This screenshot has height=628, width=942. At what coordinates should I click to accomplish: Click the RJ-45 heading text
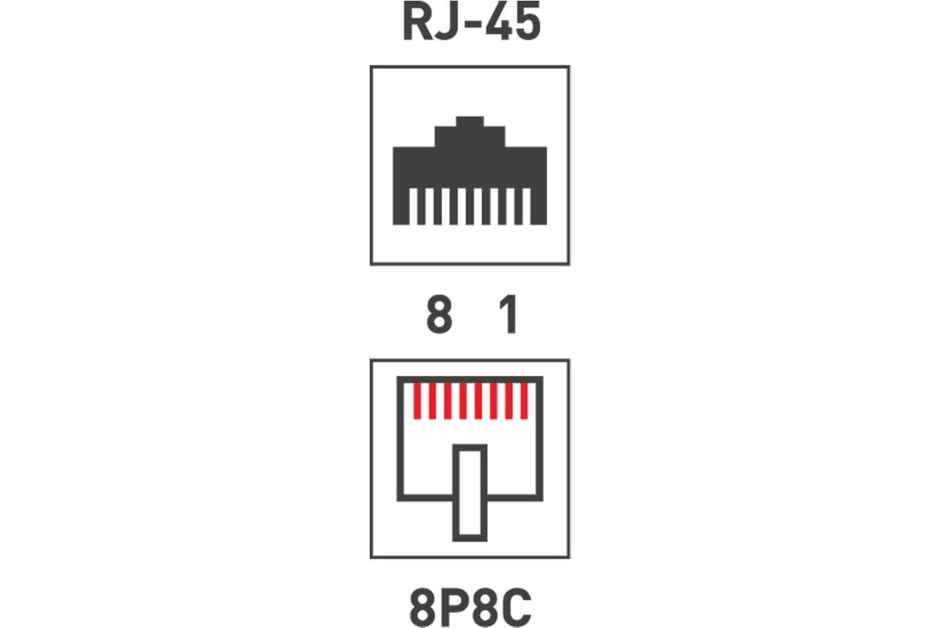tap(472, 21)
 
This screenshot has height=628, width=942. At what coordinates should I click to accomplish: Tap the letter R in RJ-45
tap(418, 21)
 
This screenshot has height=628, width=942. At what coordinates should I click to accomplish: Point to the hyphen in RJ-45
tap(473, 25)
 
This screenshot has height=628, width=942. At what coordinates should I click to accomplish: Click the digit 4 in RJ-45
tap(498, 21)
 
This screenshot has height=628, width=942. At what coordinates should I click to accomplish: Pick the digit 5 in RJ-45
tap(528, 22)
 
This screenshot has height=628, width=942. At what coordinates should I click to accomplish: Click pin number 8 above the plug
tap(439, 314)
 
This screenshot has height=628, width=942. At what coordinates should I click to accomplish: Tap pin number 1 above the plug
tap(509, 314)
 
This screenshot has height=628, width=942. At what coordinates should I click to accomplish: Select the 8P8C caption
tap(470, 608)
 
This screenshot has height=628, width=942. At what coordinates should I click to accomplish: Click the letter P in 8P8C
tap(455, 608)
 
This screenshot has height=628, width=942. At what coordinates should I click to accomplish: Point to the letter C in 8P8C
tap(518, 608)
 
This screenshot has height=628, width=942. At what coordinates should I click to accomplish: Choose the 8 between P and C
tap(486, 608)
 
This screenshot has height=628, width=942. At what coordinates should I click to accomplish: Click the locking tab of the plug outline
tap(469, 492)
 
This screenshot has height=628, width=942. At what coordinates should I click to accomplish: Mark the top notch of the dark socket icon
tap(469, 122)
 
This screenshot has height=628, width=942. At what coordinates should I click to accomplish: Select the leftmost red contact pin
tap(417, 401)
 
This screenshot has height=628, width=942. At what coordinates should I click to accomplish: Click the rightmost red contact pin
tap(524, 401)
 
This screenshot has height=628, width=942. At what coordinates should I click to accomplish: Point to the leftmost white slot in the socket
tap(413, 206)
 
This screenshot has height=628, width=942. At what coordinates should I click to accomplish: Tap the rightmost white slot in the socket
tap(527, 206)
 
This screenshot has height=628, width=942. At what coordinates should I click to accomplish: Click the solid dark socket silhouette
tap(469, 168)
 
